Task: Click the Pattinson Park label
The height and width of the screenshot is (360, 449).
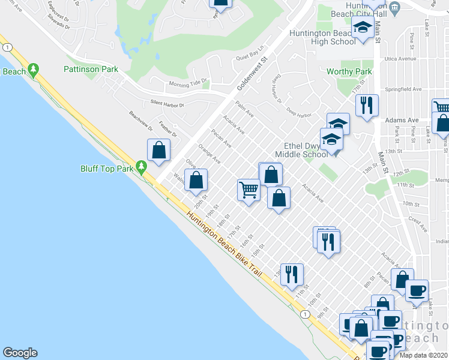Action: point(91,70)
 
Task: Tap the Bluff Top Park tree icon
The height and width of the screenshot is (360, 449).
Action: point(142,166)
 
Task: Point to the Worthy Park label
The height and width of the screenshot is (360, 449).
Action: point(349,72)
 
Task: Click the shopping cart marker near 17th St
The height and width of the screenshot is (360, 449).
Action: point(249,190)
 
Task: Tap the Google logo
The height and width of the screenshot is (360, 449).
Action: point(20,353)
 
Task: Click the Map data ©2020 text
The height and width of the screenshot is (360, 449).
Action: point(423,355)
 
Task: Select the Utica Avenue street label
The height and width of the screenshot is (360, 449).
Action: point(402,59)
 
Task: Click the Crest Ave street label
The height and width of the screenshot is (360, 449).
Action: point(418,224)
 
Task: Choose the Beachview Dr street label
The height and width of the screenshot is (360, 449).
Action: point(141,121)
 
